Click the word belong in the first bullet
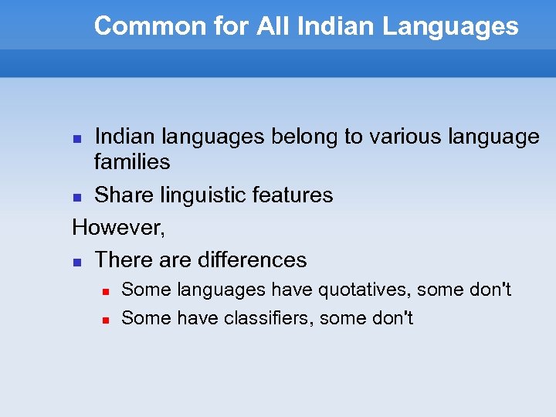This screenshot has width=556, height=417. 305,137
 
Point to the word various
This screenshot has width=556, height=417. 401,137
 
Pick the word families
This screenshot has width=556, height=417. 132,161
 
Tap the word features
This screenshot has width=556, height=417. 293,195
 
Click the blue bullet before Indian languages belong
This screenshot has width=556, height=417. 76,138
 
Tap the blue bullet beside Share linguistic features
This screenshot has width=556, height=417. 76,196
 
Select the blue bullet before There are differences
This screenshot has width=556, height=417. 76,262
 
